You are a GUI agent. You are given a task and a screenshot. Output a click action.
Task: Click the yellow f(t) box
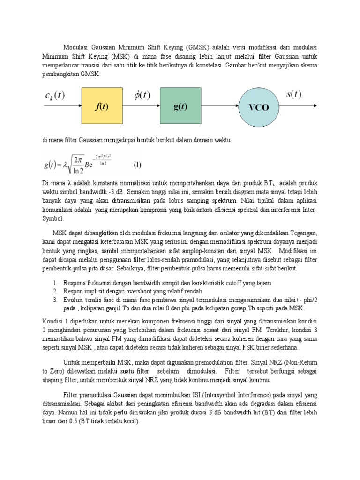[x=102, y=106]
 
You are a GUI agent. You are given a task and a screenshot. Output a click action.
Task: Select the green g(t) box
[x=180, y=106]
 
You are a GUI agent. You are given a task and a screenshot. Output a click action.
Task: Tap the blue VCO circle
[x=258, y=107]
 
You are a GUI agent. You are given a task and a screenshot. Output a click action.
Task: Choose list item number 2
[x=55, y=292]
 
